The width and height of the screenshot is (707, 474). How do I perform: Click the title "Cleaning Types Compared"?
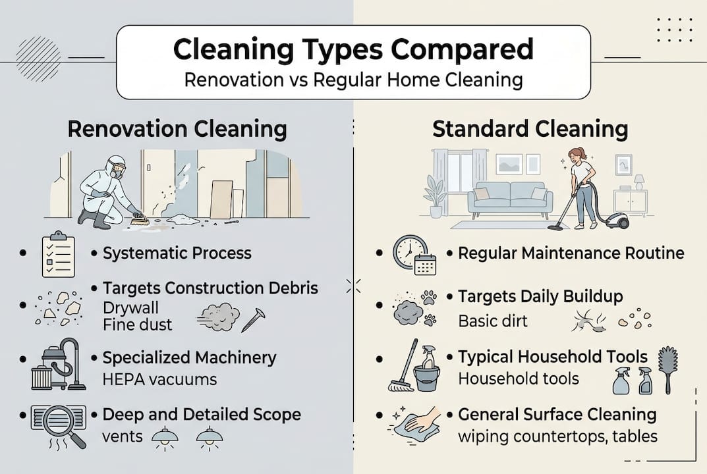tap(353, 50)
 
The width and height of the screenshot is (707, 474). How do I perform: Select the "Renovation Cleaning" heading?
tap(177, 128)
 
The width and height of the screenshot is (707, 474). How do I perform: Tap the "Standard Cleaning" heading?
tap(530, 128)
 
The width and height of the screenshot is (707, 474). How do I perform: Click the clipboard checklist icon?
tap(57, 253)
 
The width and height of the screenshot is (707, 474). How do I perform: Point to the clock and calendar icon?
tap(414, 255)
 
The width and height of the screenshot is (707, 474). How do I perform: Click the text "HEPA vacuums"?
tap(159, 379)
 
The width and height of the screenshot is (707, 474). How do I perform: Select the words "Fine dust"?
tap(138, 324)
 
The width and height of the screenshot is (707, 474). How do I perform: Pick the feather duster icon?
tap(668, 369)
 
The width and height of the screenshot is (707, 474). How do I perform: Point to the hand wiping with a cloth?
tap(417, 422)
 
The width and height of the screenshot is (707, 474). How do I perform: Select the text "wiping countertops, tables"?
tap(557, 436)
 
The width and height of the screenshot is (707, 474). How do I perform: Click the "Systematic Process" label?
tap(177, 253)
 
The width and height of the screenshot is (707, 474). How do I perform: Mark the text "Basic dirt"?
tap(493, 322)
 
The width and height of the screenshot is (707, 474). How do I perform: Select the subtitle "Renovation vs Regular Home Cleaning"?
tap(353, 80)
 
